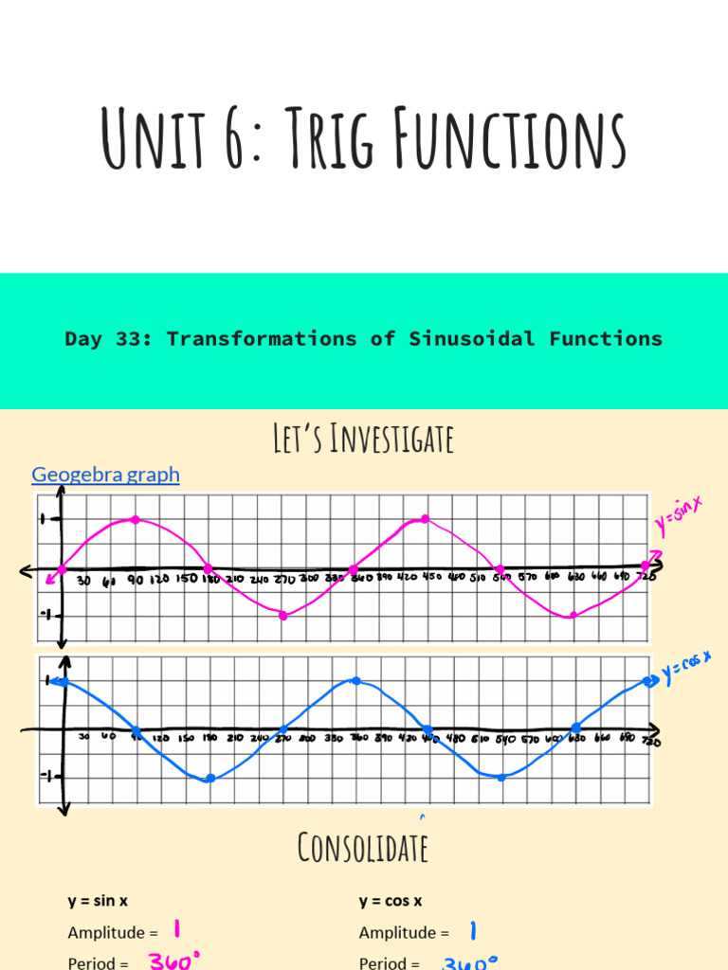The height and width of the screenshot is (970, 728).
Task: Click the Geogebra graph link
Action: (x=105, y=474)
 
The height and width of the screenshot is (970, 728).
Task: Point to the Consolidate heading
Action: (x=362, y=847)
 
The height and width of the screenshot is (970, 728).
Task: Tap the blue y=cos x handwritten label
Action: (x=686, y=669)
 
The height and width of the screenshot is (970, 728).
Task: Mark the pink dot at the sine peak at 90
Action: (x=136, y=520)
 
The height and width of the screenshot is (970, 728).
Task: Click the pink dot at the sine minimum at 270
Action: (x=282, y=616)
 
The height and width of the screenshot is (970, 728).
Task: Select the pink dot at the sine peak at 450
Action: (x=425, y=519)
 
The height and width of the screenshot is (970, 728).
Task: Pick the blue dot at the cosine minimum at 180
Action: (x=209, y=779)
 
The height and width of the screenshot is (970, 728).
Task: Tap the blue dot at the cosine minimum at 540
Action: (x=501, y=777)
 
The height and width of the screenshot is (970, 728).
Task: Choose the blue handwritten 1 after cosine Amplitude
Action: (x=473, y=931)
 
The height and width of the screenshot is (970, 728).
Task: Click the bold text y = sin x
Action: (x=98, y=902)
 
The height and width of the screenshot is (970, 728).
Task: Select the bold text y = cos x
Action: (x=391, y=902)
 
